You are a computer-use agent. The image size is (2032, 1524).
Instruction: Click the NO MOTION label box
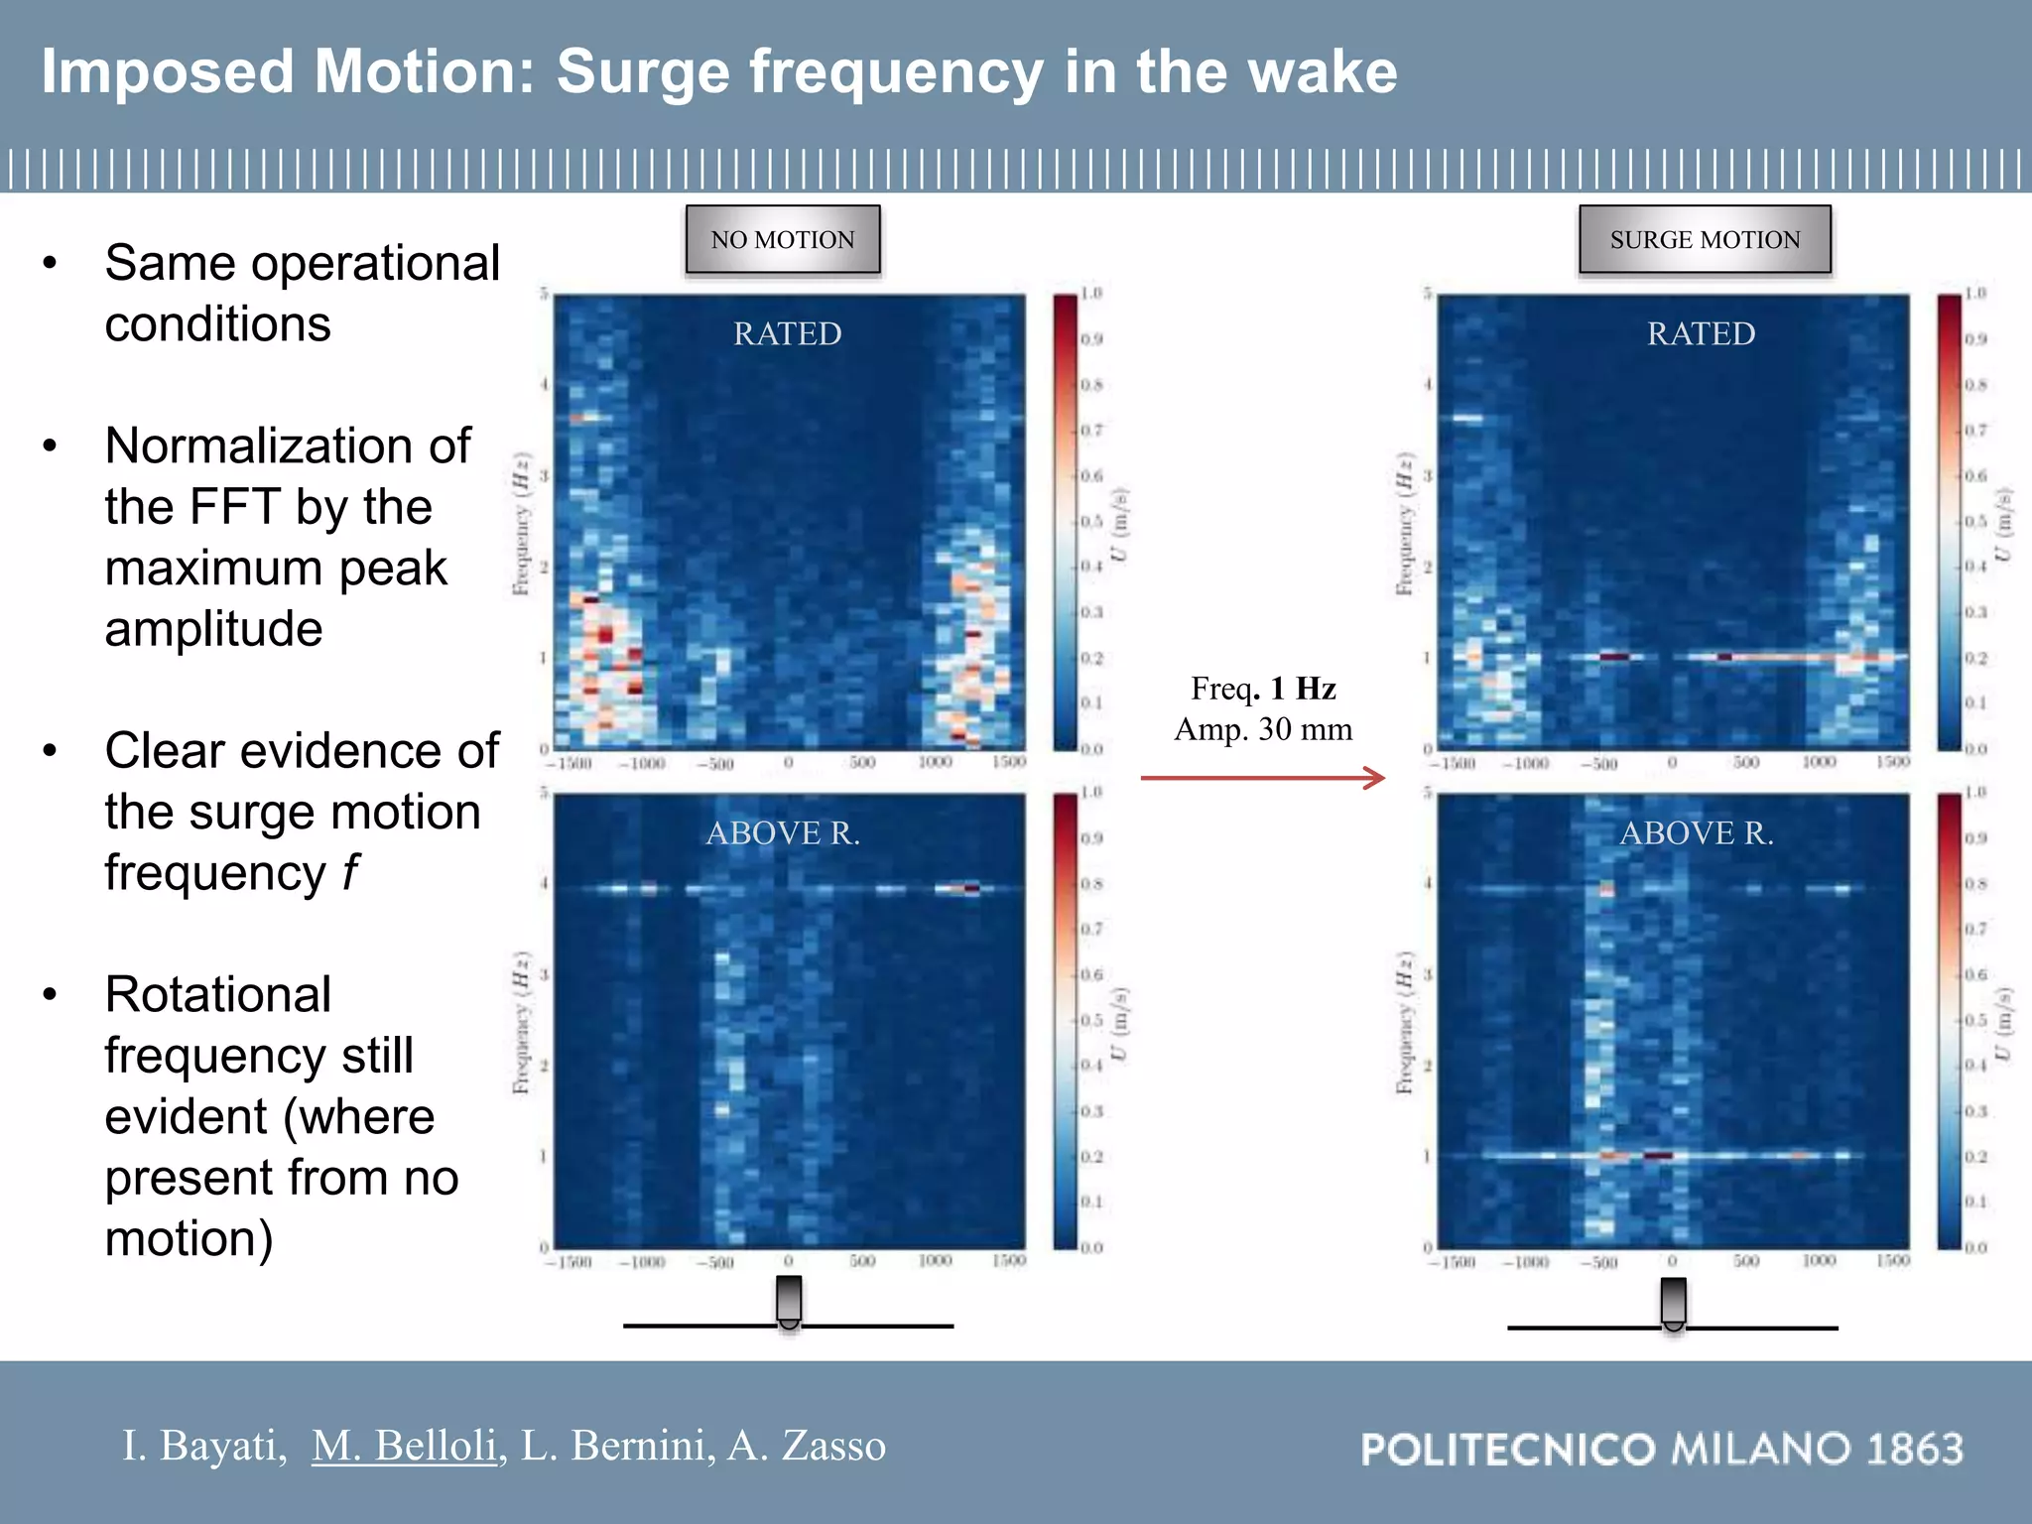click(783, 239)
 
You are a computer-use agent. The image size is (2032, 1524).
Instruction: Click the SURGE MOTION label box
click(1705, 239)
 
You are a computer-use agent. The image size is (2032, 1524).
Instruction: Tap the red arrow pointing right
click(1263, 778)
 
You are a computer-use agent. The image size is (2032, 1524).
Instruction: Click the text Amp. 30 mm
click(1263, 729)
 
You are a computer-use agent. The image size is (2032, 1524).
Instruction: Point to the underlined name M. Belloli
click(404, 1445)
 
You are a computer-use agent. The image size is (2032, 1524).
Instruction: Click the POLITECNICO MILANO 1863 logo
click(1662, 1449)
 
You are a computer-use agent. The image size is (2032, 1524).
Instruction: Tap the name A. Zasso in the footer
click(807, 1445)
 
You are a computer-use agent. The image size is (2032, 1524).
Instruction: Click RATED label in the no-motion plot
click(787, 333)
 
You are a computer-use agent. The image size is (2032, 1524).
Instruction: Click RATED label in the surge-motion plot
click(1701, 333)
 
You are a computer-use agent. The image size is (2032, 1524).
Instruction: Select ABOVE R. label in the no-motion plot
click(783, 832)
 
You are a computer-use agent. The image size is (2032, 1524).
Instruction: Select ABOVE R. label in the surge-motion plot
click(1697, 832)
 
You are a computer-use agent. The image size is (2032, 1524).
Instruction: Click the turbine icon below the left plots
click(789, 1301)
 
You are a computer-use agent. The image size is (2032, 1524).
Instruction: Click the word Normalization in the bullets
click(287, 445)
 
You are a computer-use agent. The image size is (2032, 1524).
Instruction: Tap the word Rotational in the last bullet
click(218, 994)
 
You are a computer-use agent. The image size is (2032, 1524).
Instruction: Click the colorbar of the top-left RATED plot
click(1065, 521)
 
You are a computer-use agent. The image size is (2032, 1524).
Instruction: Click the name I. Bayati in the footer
click(203, 1445)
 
